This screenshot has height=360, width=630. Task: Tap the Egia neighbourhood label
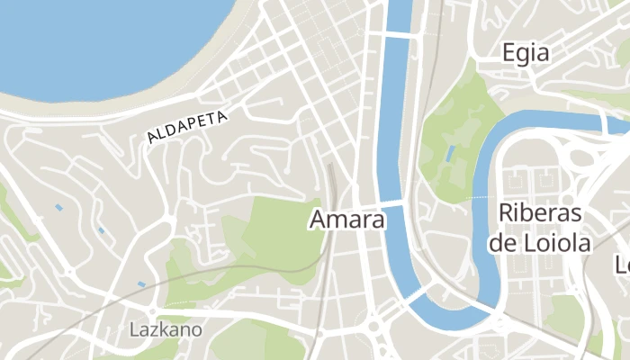[x=526, y=52]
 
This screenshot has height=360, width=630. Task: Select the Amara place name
[x=347, y=219]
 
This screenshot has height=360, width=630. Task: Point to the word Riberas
[x=540, y=214]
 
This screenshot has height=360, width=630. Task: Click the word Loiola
[x=560, y=242]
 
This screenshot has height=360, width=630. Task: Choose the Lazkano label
[x=165, y=329]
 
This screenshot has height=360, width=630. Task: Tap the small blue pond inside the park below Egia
[x=450, y=153]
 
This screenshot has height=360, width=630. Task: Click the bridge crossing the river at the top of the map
[x=400, y=34]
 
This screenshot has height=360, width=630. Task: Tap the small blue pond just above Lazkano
[x=141, y=284]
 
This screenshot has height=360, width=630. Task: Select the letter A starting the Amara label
[x=319, y=219]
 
